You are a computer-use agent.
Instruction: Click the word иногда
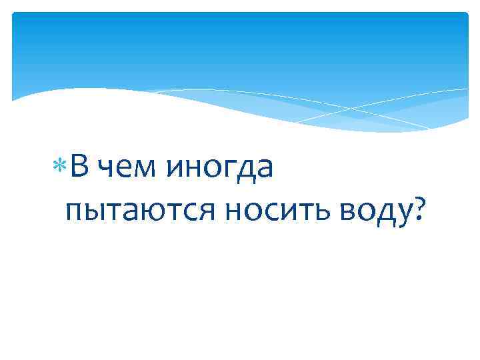pos(221,169)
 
